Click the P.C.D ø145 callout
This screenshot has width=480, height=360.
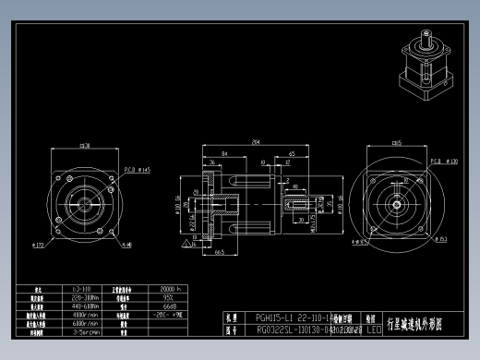(138, 171)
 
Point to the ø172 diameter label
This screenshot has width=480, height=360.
(40, 246)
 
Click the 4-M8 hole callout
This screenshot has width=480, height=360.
(126, 246)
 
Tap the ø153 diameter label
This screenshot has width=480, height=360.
(441, 240)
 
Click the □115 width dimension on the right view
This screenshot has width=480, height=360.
(395, 143)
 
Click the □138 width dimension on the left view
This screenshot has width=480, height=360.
(84, 145)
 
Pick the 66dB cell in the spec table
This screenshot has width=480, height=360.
(169, 306)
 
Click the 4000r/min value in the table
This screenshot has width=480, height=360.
(85, 314)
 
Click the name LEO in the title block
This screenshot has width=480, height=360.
(374, 328)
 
